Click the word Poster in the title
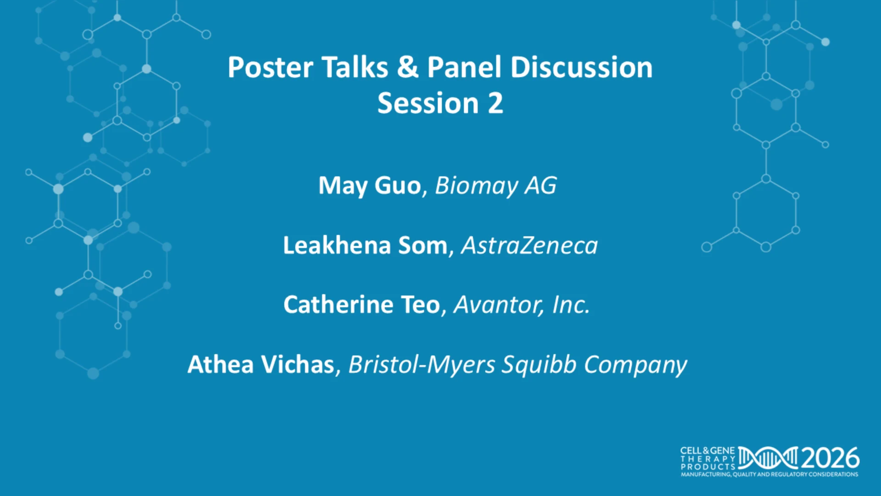[270, 68]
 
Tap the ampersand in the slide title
[408, 68]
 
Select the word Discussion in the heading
[581, 68]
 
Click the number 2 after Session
[495, 103]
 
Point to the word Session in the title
[428, 103]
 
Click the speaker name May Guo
[369, 186]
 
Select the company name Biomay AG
[496, 186]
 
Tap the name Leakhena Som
[365, 245]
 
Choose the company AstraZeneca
[530, 245]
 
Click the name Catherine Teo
[362, 304]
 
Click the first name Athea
[221, 365]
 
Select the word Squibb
[539, 365]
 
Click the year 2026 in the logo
[831, 458]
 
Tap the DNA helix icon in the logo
[768, 458]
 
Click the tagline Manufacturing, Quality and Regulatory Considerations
[769, 474]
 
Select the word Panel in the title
[464, 68]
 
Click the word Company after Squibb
[636, 365]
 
